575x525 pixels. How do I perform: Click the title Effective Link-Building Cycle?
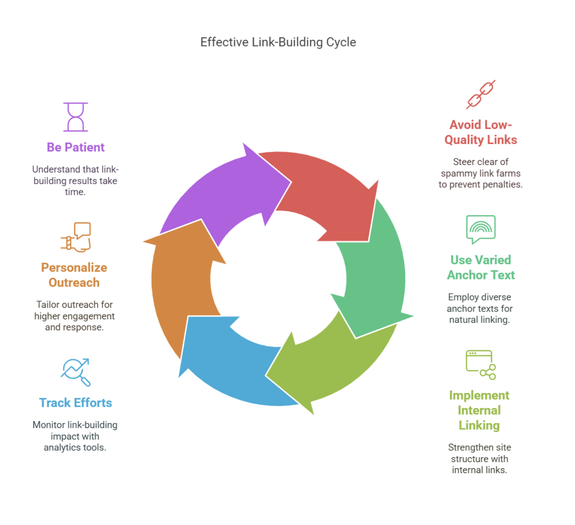pos(278,42)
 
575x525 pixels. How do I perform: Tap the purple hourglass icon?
pos(75,117)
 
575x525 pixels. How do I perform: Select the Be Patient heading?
pos(75,147)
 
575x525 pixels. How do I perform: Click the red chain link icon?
pos(481,95)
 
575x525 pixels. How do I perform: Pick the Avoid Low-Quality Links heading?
pos(481,132)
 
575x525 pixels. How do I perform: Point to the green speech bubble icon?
pos(481,228)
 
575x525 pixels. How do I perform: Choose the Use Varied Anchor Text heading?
pos(481,267)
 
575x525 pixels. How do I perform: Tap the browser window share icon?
pos(481,365)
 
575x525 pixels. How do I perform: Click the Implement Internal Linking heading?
pos(479,410)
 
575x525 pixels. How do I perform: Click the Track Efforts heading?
pos(75,403)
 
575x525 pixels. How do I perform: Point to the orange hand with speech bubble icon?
pos(76,237)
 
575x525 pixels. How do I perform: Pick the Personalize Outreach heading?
pos(74,275)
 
